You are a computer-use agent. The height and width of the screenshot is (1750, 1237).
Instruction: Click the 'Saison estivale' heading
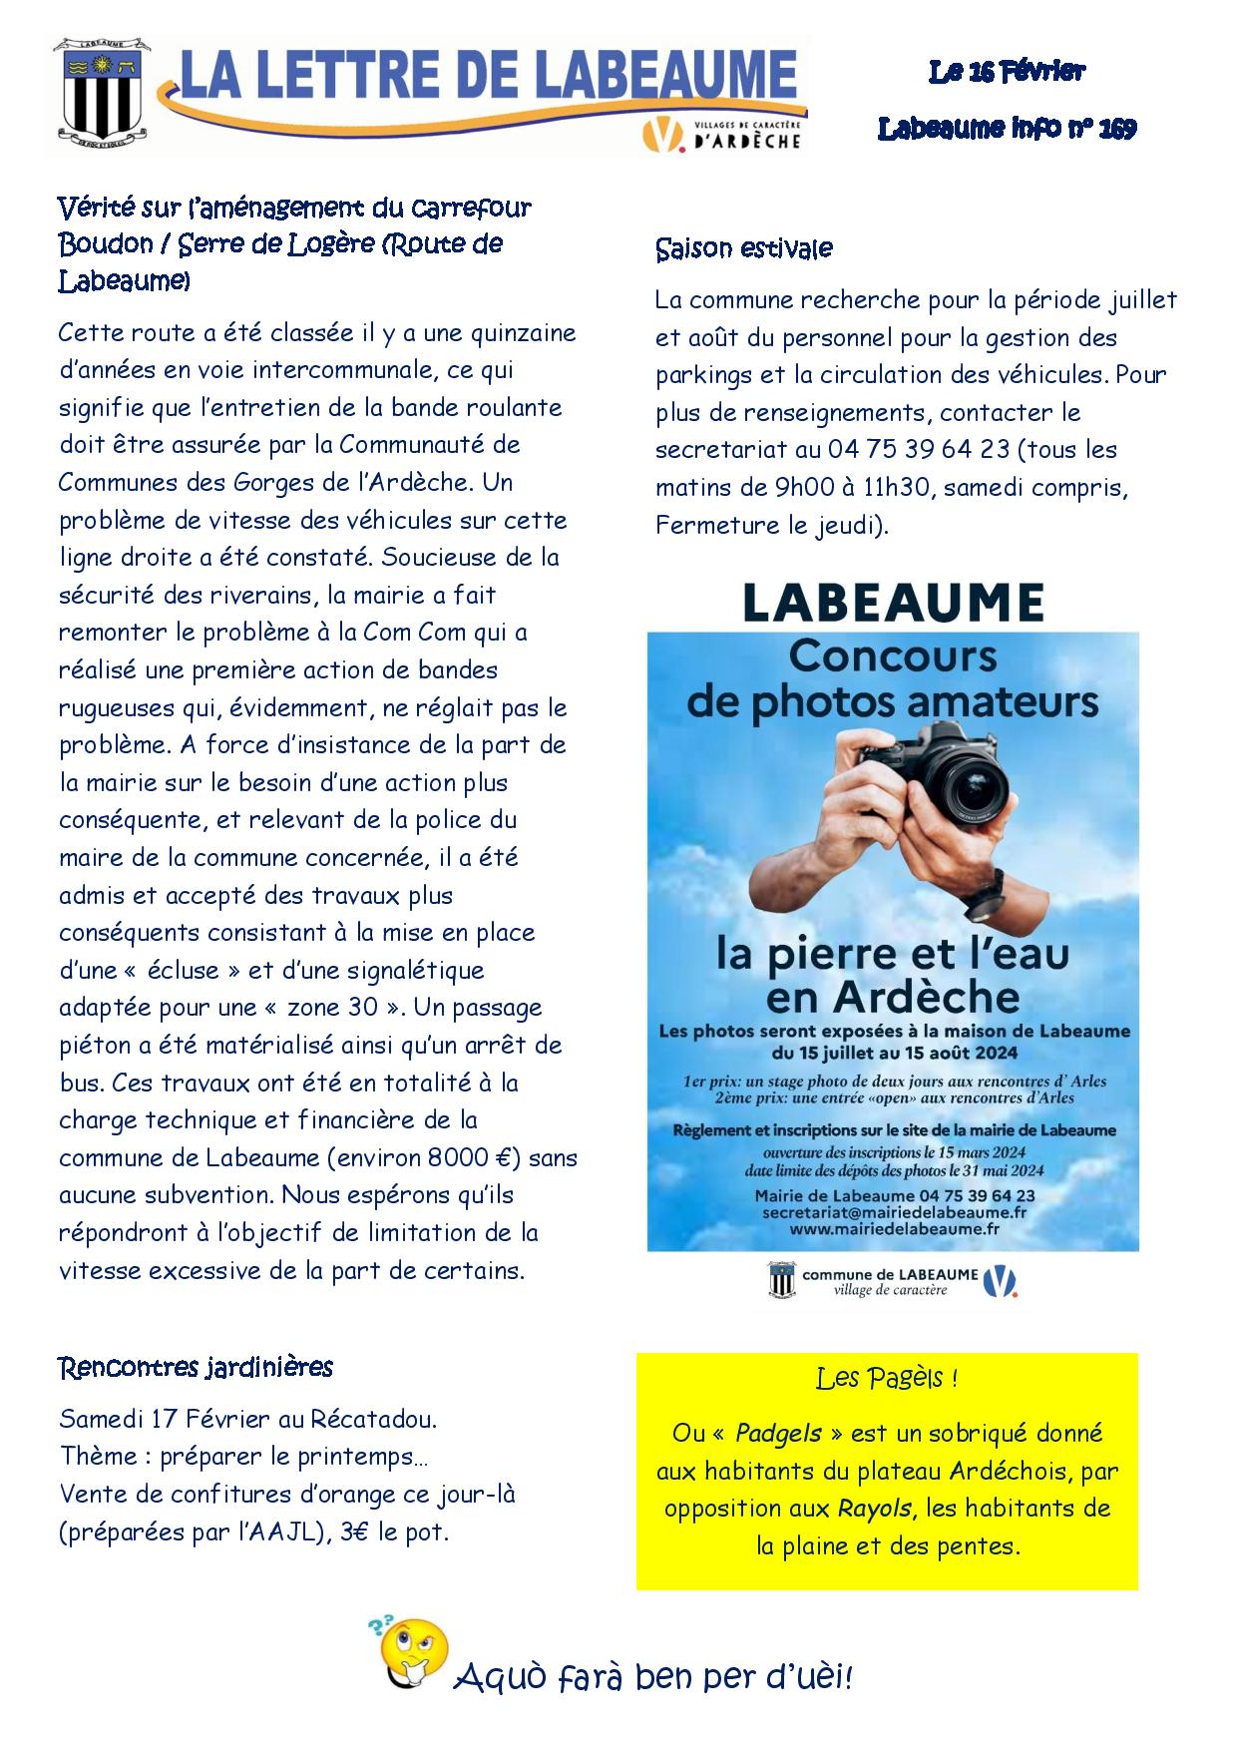[x=743, y=248]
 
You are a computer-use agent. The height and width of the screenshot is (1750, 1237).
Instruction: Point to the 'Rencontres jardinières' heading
[x=196, y=1366]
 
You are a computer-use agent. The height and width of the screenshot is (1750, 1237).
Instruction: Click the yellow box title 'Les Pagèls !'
[x=886, y=1379]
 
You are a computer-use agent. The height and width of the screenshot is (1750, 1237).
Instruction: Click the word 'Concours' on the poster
[x=892, y=656]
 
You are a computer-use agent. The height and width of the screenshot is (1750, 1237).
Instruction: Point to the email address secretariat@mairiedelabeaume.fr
[x=893, y=1212]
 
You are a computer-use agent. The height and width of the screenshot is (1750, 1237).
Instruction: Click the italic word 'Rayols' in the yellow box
[x=873, y=1509]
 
